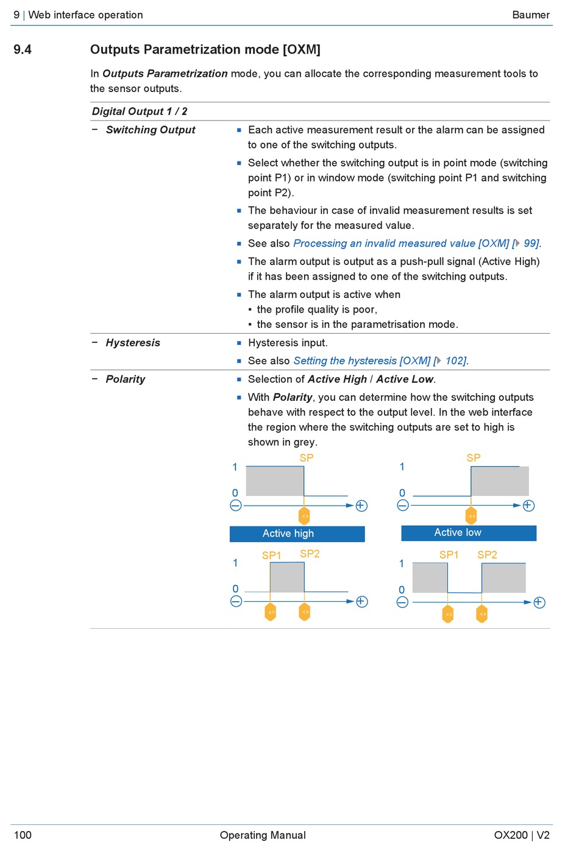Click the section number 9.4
tap(23, 50)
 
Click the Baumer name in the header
tap(530, 15)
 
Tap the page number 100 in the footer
tap(23, 835)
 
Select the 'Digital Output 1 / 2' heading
tap(140, 111)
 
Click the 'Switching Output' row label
tap(151, 130)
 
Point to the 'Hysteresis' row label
tap(133, 343)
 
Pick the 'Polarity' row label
tap(126, 380)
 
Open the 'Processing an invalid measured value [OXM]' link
tap(401, 244)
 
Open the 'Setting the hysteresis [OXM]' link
tap(362, 361)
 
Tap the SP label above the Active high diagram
tap(307, 458)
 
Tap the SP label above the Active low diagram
tap(474, 458)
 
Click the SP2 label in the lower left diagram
tap(310, 554)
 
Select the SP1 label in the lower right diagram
tap(449, 555)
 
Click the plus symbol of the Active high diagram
tap(361, 506)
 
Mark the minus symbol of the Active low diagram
tap(403, 506)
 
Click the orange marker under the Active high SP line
tap(305, 515)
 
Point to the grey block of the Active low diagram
tap(500, 481)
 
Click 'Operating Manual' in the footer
tap(263, 835)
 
